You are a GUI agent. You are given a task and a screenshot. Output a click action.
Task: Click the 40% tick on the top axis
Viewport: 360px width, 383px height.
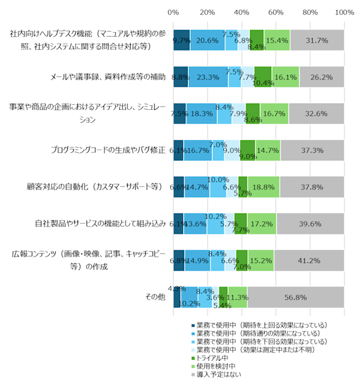point(242,12)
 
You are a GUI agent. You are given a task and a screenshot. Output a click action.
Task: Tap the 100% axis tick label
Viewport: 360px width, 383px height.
point(344,12)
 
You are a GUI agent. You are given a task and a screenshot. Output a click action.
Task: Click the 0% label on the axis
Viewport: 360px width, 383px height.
point(173,12)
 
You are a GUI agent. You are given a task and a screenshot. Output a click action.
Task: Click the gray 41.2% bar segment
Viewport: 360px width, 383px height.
point(309,260)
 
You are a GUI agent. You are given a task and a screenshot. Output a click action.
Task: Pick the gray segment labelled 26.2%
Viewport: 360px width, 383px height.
point(322,77)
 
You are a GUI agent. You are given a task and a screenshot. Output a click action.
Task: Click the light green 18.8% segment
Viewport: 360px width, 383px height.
point(263,187)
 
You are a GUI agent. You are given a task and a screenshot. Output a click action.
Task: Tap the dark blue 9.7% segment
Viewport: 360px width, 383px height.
point(181,40)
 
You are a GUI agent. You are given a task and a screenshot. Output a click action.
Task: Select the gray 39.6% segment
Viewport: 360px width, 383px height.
point(310,224)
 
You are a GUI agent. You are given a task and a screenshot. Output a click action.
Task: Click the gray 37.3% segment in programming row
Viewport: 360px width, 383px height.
point(312,150)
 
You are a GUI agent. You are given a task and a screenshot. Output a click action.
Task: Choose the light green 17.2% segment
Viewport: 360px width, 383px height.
point(262,224)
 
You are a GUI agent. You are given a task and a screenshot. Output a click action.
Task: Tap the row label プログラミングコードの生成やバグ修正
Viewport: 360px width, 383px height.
point(107,150)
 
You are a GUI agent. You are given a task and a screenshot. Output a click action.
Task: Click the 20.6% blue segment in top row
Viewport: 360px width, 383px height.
point(208,40)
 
